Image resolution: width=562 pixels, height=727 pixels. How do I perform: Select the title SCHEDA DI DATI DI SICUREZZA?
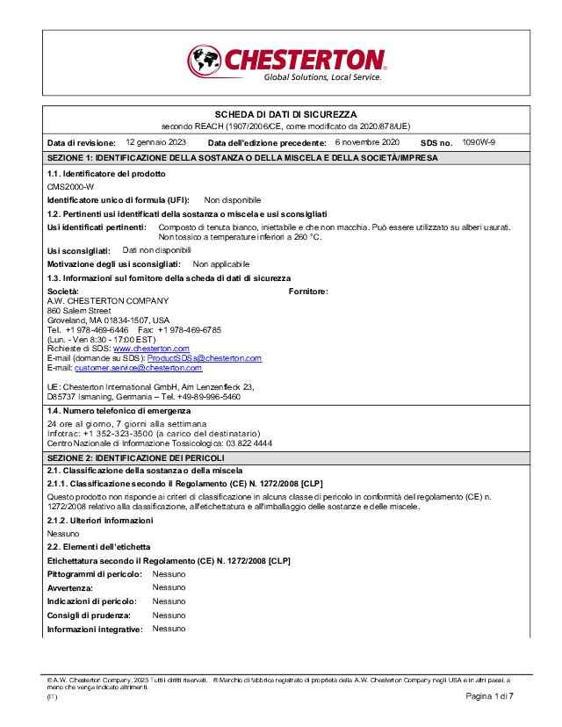286,115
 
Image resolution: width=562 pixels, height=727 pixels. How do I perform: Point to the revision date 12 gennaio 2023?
156,141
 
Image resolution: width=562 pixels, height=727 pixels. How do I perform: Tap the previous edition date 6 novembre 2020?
367,141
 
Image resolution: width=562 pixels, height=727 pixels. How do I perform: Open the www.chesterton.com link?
152,349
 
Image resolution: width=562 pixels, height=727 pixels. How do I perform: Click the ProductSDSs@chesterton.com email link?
205,358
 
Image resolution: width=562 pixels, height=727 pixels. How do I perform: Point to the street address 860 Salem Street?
79,310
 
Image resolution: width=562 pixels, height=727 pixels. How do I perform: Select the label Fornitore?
308,291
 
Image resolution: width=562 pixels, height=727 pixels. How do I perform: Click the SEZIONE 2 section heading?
135,458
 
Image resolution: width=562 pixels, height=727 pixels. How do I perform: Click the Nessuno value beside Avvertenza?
169,587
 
